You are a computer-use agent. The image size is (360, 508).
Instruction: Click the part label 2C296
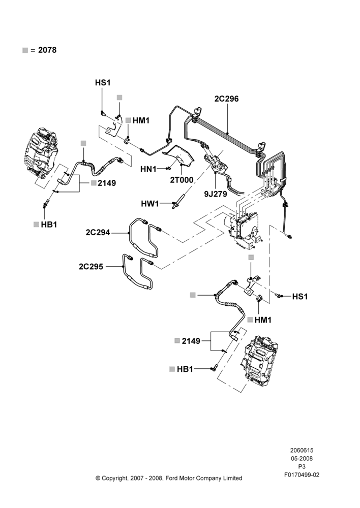(x=226, y=99)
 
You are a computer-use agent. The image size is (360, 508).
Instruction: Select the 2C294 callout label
(x=98, y=233)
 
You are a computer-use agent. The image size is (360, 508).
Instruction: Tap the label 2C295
(x=91, y=267)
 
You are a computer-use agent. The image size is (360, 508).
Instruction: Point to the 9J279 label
(x=216, y=194)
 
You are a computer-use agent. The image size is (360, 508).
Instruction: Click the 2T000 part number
(x=182, y=180)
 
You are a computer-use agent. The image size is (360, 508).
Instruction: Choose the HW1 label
(x=150, y=204)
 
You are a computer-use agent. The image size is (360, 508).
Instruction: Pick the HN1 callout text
(x=148, y=169)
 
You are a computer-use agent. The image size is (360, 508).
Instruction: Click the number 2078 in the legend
(x=47, y=50)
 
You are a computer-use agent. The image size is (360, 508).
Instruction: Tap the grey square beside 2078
(x=25, y=50)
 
